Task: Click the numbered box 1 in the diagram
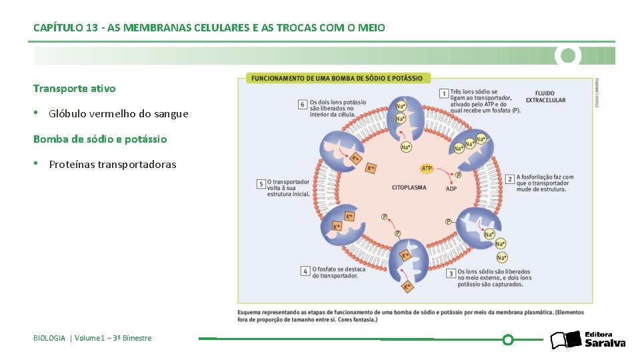tap(444, 93)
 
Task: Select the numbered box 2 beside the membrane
tap(510, 179)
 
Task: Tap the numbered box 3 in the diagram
tap(451, 273)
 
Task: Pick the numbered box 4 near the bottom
tap(305, 271)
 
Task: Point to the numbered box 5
tap(261, 183)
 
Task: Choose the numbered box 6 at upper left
tap(303, 104)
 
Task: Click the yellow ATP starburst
tap(427, 168)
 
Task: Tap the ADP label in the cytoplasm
tap(451, 189)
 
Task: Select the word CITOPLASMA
tap(409, 188)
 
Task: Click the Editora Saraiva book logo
tap(566, 340)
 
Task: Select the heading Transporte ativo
tap(74, 88)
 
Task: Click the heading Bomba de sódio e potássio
tap(100, 139)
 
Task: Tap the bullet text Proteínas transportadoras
tap(113, 164)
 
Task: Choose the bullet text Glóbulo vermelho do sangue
tap(119, 113)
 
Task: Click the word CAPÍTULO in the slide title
tap(58, 28)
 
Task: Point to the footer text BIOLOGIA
tap(49, 338)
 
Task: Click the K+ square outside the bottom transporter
tap(407, 287)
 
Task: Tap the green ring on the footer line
tap(508, 340)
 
